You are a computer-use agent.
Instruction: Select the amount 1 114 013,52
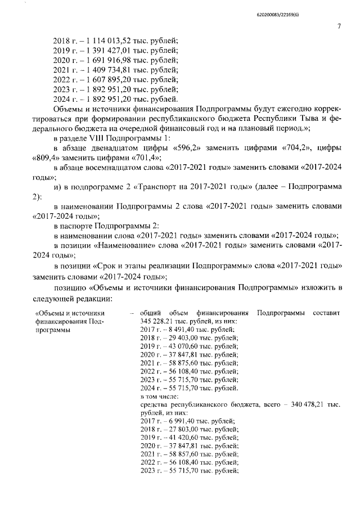(107, 40)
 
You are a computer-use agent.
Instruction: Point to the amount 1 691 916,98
(107, 60)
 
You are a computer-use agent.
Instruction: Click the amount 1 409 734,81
(107, 70)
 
